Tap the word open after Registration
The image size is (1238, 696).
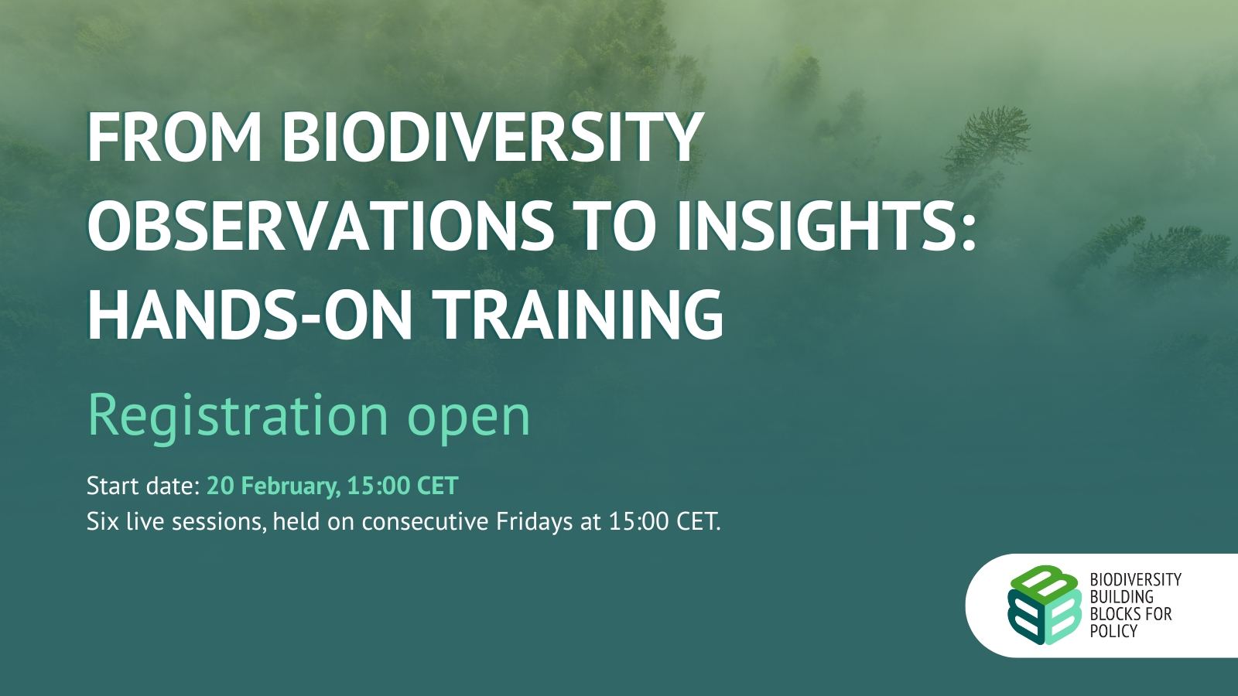pyautogui.click(x=469, y=421)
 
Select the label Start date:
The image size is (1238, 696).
pyautogui.click(x=143, y=486)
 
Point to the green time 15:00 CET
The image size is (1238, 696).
pyautogui.click(x=403, y=486)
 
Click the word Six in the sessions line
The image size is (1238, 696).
pyautogui.click(x=103, y=521)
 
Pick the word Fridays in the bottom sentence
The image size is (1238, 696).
pyautogui.click(x=535, y=522)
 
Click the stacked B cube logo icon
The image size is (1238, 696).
pyautogui.click(x=1044, y=605)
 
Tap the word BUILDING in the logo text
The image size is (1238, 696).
pyautogui.click(x=1121, y=596)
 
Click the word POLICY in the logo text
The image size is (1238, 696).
pyautogui.click(x=1113, y=631)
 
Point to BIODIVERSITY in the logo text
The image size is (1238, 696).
pyautogui.click(x=1135, y=579)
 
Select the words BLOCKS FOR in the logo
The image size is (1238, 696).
pyautogui.click(x=1130, y=614)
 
